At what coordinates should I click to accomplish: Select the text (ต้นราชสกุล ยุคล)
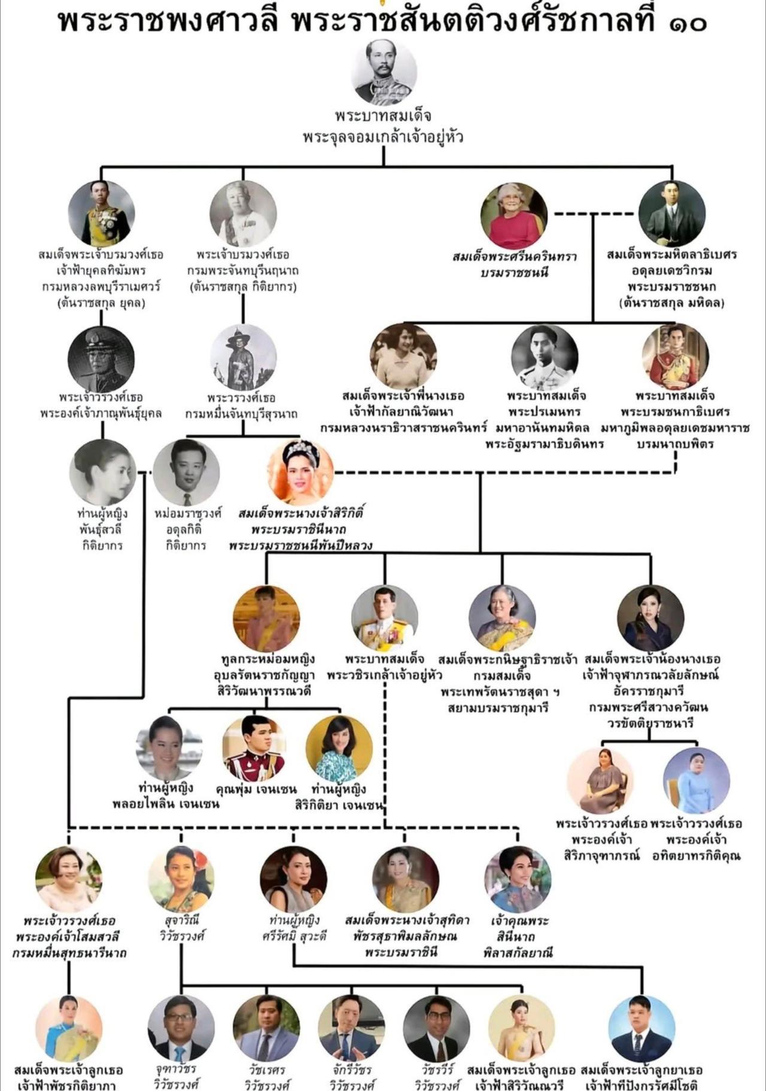coord(102,303)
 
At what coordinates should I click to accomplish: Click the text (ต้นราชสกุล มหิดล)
coord(672,303)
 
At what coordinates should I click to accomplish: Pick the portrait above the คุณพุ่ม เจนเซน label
coord(254,748)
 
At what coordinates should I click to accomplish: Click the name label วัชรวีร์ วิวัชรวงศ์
coord(437,1077)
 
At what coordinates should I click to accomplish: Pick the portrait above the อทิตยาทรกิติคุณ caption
coord(697,781)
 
